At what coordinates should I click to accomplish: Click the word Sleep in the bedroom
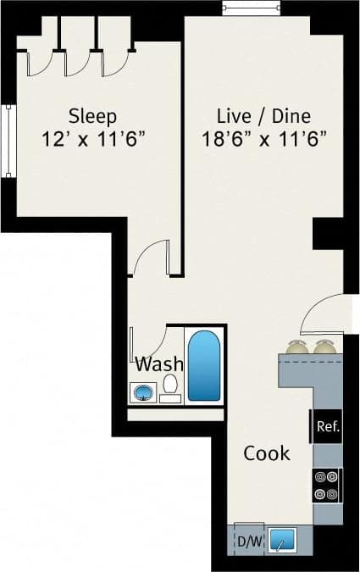(x=92, y=116)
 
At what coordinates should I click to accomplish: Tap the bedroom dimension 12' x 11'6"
(x=95, y=137)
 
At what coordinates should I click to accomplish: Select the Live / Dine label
(x=252, y=116)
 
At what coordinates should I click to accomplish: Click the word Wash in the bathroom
(x=160, y=364)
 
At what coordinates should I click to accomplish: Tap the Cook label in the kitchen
(x=267, y=453)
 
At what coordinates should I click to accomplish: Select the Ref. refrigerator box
(x=327, y=427)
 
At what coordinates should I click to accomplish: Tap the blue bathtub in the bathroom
(x=203, y=366)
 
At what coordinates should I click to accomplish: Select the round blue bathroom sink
(x=142, y=393)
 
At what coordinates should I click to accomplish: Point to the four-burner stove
(x=327, y=486)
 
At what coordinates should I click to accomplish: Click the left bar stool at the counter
(x=296, y=347)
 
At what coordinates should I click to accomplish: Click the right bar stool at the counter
(x=324, y=347)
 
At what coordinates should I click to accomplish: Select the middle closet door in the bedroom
(x=78, y=62)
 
